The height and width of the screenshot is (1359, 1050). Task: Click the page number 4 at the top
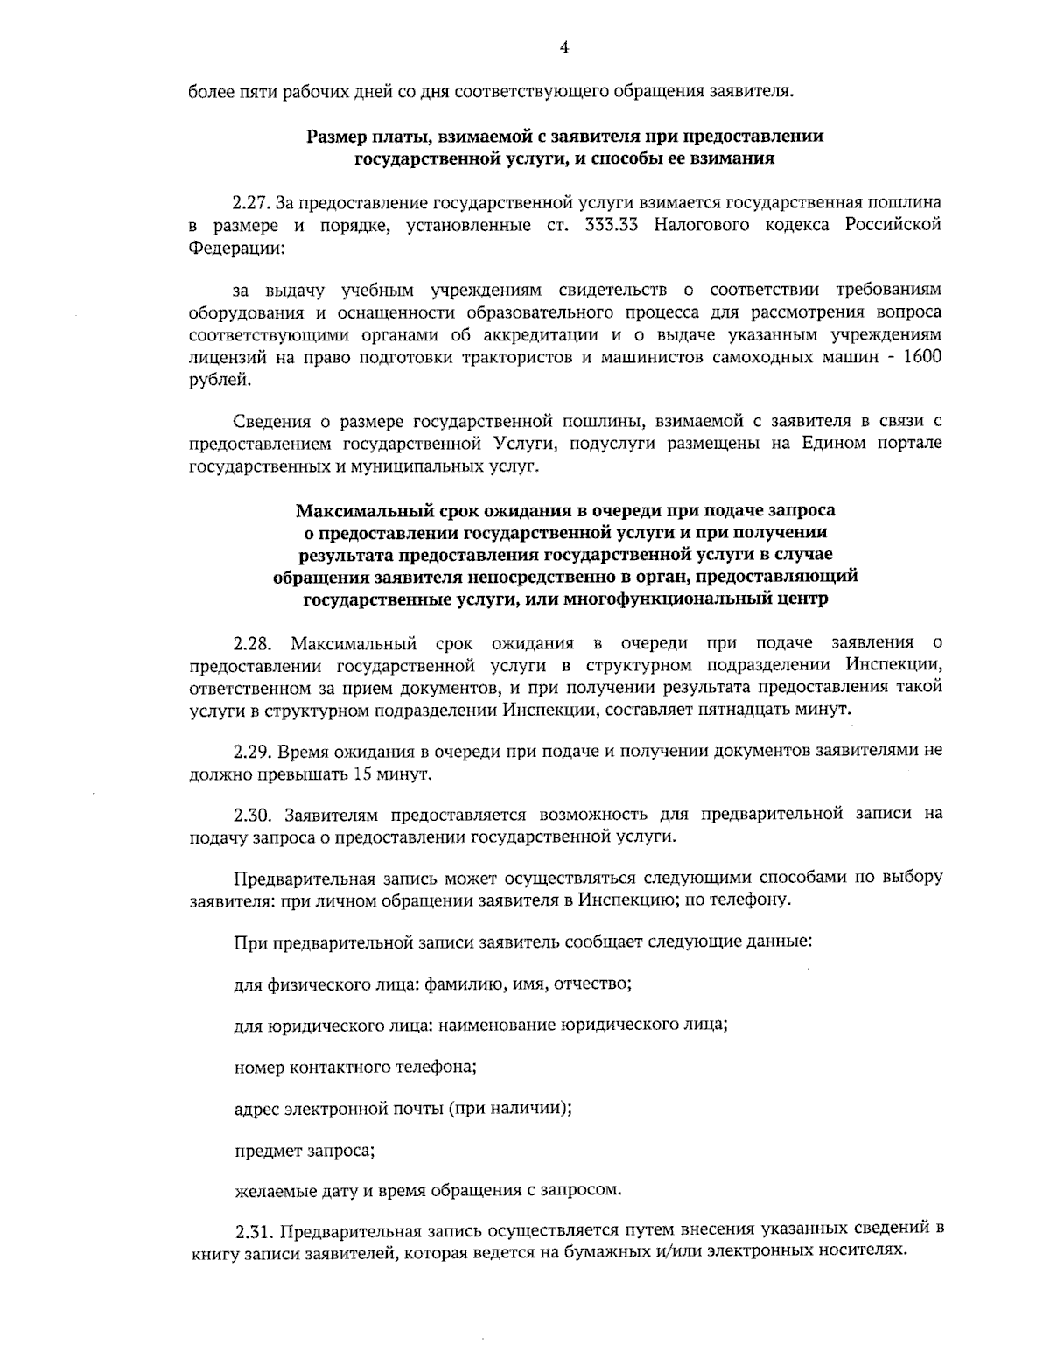point(564,48)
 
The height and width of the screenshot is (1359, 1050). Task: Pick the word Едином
point(830,444)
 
